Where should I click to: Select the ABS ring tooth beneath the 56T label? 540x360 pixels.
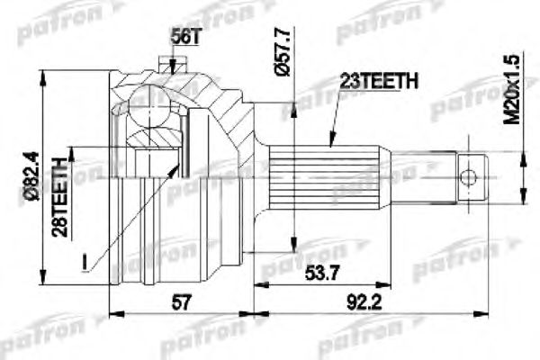(166, 64)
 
